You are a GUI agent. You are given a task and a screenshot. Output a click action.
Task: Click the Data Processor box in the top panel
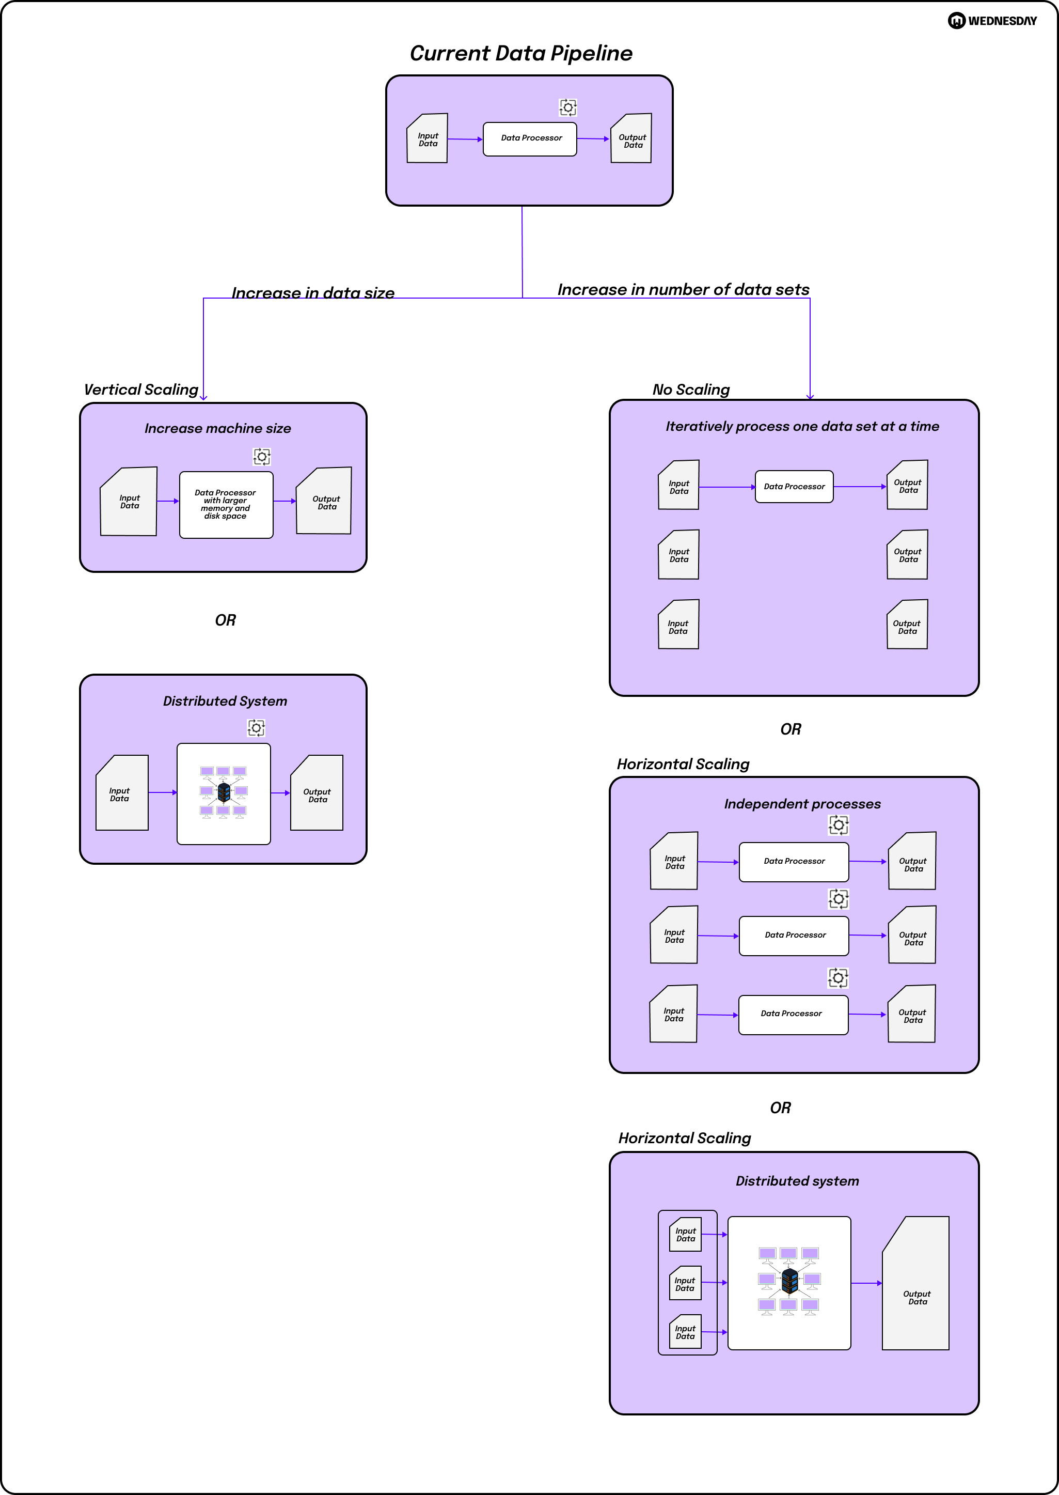pyautogui.click(x=530, y=139)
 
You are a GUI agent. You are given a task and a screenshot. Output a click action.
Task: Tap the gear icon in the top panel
pyautogui.click(x=568, y=107)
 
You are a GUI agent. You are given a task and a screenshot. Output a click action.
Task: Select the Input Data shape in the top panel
pyautogui.click(x=428, y=139)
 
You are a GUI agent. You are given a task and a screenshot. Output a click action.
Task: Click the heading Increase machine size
pyautogui.click(x=218, y=429)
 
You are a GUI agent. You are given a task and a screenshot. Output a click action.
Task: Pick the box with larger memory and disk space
pyautogui.click(x=226, y=505)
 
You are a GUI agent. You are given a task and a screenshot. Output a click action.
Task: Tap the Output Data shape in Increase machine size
pyautogui.click(x=325, y=502)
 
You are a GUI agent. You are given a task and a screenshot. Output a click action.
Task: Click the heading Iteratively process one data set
pyautogui.click(x=802, y=427)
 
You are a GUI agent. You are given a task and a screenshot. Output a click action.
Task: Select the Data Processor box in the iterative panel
pyautogui.click(x=794, y=487)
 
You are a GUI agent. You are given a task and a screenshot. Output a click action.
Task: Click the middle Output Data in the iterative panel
pyautogui.click(x=908, y=555)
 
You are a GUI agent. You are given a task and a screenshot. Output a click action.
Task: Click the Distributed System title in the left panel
pyautogui.click(x=225, y=701)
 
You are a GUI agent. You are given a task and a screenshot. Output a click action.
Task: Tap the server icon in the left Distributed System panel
pyautogui.click(x=224, y=792)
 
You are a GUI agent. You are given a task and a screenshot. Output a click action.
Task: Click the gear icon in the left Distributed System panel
pyautogui.click(x=256, y=728)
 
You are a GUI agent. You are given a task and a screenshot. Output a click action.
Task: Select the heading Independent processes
pyautogui.click(x=802, y=804)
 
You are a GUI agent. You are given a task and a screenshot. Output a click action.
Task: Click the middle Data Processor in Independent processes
pyautogui.click(x=794, y=936)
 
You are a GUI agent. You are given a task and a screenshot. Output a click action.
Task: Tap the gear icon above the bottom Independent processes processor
pyautogui.click(x=838, y=978)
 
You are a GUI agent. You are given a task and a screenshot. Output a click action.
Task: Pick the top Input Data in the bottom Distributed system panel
pyautogui.click(x=685, y=1235)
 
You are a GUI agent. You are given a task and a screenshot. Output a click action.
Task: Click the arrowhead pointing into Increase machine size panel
pyautogui.click(x=203, y=397)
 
